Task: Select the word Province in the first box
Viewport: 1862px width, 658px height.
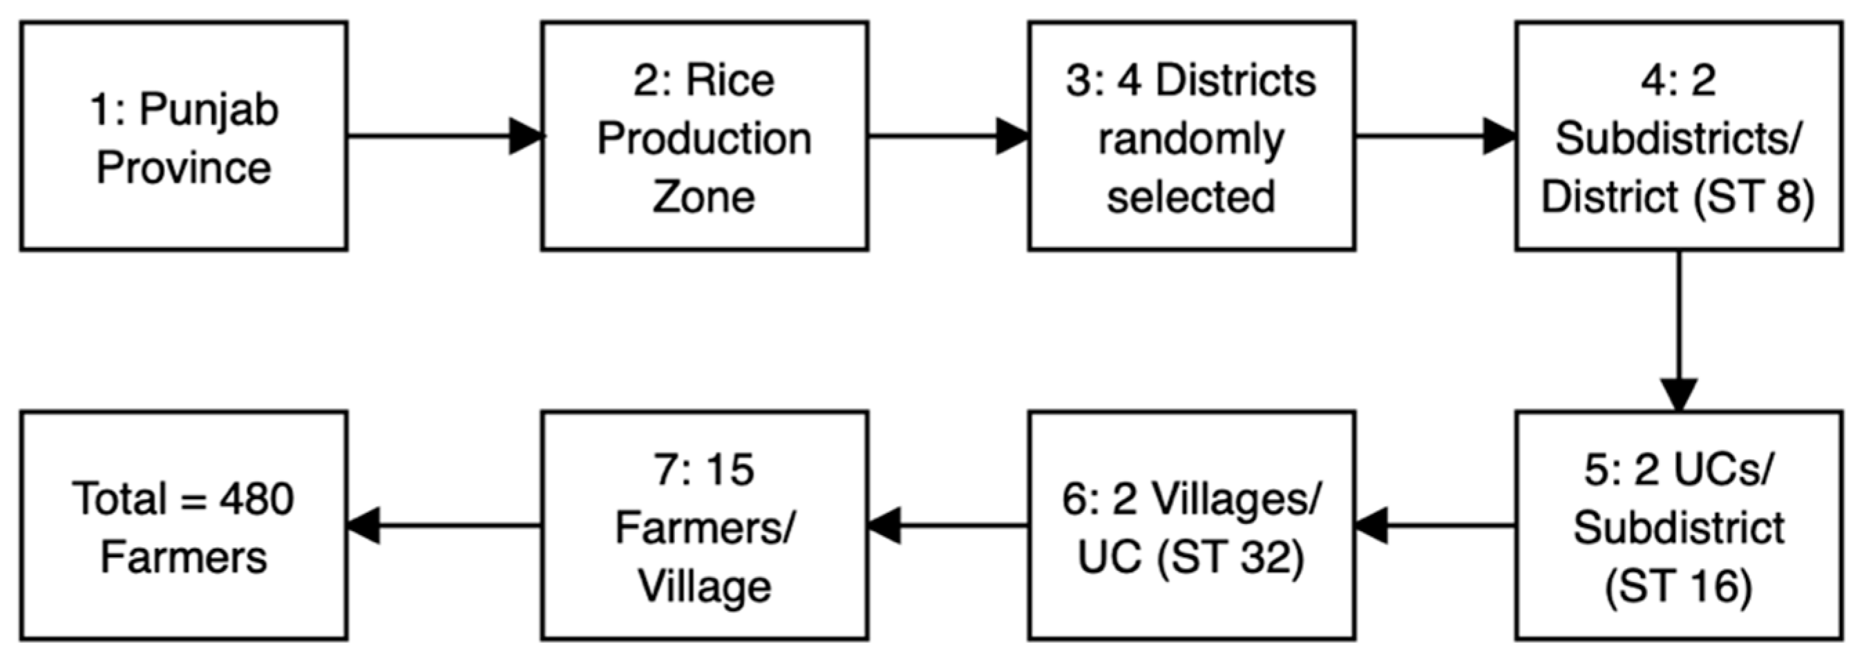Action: (x=184, y=168)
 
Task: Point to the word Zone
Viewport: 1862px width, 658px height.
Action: (x=704, y=197)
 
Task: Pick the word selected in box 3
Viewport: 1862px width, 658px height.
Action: (x=1191, y=197)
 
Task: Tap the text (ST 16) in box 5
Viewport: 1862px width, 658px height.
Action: (x=1678, y=586)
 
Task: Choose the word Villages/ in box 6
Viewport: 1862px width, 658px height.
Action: (x=1237, y=499)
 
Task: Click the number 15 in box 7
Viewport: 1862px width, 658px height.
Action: (x=730, y=470)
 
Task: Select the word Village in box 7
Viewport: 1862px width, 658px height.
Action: (x=704, y=586)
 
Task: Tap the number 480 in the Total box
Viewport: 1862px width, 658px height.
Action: (x=256, y=499)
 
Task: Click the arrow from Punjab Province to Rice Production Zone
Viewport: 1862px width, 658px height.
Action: (x=444, y=136)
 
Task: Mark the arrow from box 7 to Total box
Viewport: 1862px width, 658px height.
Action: (x=444, y=525)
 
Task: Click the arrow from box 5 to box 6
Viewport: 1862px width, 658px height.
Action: (x=1436, y=525)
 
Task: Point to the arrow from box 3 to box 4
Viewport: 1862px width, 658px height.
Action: (x=1436, y=136)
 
